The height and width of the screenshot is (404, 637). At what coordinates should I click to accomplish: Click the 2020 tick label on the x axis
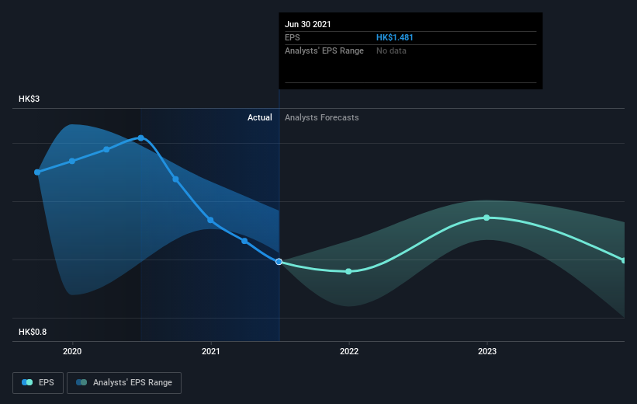pos(72,351)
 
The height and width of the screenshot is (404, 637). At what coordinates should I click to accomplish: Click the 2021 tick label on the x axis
pos(210,351)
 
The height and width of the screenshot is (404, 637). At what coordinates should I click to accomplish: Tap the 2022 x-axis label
pos(348,351)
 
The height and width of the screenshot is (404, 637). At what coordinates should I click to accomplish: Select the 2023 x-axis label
pos(487,351)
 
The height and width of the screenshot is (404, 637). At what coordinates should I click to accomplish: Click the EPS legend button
pos(39,383)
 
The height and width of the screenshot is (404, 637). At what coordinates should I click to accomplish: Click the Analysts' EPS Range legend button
pos(124,383)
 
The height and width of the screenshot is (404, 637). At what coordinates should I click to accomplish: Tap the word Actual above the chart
pos(259,117)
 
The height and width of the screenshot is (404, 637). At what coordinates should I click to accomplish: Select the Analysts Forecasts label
pos(322,117)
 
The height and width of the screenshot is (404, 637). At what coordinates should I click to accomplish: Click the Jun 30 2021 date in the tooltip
pos(308,24)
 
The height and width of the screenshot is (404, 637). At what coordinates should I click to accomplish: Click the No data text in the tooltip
pos(391,50)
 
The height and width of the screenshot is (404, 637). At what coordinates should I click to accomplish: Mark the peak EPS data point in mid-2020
pos(141,138)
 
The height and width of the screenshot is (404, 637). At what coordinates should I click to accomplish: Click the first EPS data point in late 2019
pos(37,172)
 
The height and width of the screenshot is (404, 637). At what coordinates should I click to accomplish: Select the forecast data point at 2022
pos(348,271)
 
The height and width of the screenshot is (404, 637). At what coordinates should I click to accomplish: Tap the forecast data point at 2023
pos(486,218)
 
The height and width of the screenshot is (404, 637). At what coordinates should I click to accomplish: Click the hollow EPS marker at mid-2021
pos(279,261)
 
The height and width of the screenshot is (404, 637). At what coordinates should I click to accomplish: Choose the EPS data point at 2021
pos(210,220)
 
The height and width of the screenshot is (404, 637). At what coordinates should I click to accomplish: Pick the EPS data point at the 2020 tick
pos(72,161)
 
